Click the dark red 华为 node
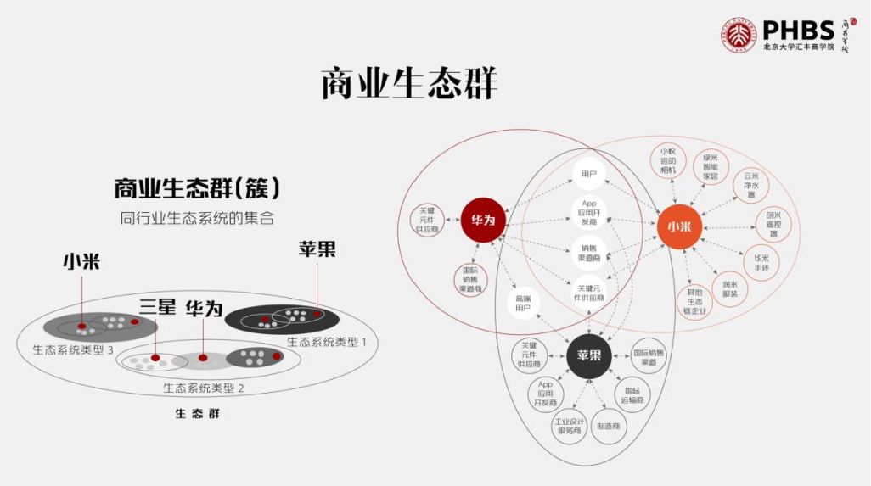click(x=483, y=220)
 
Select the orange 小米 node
click(x=678, y=226)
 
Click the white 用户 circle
click(x=589, y=174)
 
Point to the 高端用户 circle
click(x=522, y=303)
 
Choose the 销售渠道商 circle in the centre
click(x=589, y=252)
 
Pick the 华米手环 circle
click(x=761, y=262)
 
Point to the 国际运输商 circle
click(x=632, y=394)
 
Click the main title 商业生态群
click(x=409, y=84)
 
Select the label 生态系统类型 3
click(x=73, y=349)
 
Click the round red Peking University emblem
click(x=739, y=35)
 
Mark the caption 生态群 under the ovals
click(x=197, y=414)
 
